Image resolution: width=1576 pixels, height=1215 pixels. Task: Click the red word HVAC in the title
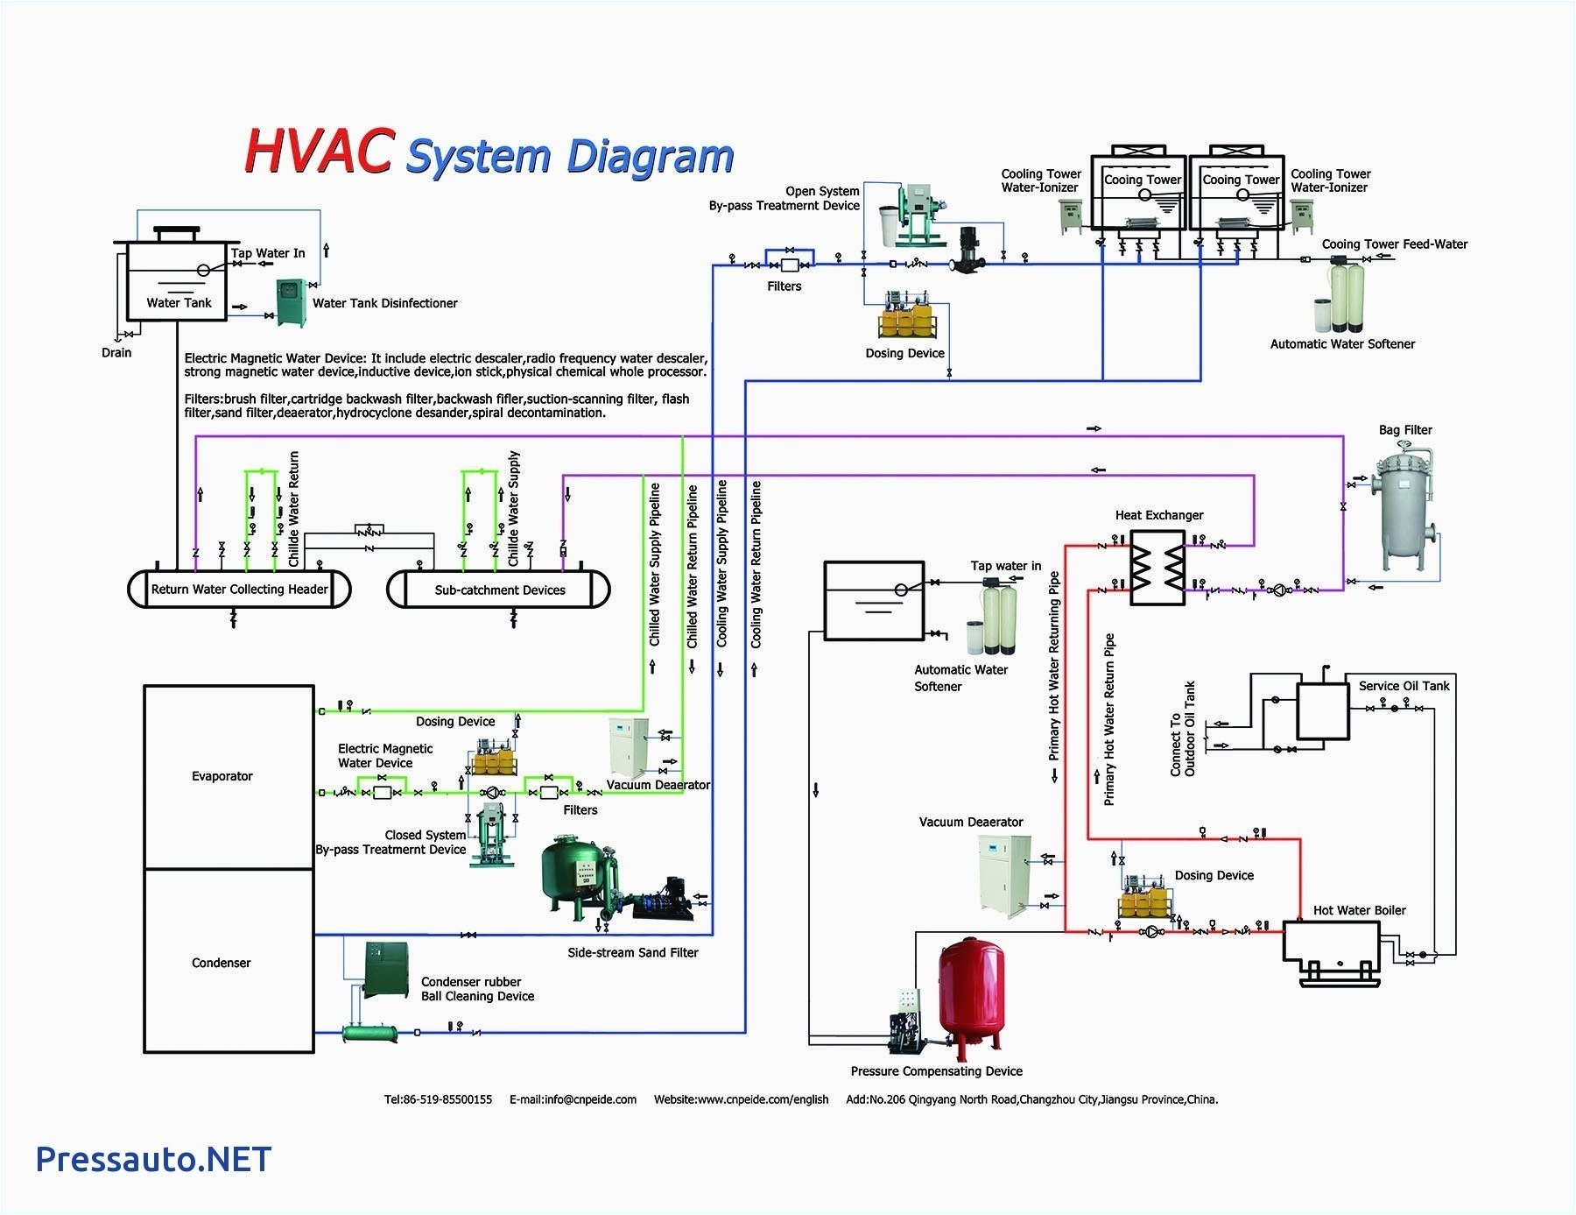point(318,151)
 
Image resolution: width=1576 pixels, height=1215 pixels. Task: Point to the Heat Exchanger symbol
point(1157,568)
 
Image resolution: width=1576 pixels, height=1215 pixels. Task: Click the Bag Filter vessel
point(1404,508)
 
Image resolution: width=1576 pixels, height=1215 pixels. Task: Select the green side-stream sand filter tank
point(574,876)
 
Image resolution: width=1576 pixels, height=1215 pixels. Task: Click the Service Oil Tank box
point(1322,711)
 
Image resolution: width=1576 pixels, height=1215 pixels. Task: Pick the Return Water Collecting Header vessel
point(239,589)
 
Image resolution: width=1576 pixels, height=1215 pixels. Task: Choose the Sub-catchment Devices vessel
point(499,590)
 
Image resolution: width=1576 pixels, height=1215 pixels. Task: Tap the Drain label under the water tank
point(116,352)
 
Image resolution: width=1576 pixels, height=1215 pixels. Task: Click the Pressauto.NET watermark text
point(153,1159)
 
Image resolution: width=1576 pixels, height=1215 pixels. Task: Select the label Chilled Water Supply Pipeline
point(655,564)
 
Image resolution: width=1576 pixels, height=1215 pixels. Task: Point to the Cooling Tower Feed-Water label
point(1394,244)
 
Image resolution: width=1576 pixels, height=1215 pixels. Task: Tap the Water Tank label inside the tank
point(179,302)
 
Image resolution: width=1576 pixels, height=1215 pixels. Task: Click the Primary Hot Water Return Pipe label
point(1109,718)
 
